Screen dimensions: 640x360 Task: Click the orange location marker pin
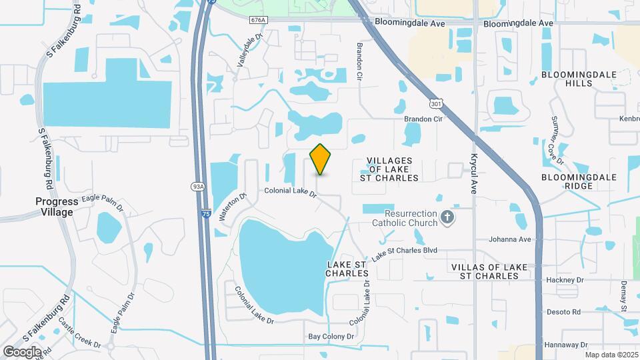click(x=321, y=159)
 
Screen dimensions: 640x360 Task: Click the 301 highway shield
click(x=436, y=104)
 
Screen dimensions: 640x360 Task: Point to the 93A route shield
click(x=197, y=187)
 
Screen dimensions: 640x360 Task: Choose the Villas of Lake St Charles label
click(x=485, y=271)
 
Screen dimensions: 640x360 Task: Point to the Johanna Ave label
click(x=510, y=239)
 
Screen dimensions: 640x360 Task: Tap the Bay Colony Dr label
click(x=331, y=337)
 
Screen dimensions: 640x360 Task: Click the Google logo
click(x=22, y=351)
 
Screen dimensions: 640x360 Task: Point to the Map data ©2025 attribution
click(x=611, y=355)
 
